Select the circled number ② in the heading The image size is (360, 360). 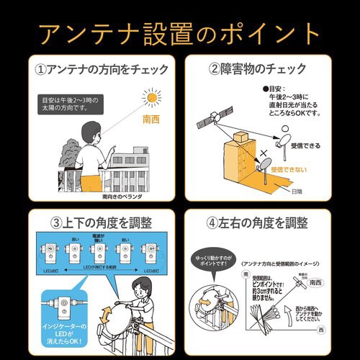[216, 71]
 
